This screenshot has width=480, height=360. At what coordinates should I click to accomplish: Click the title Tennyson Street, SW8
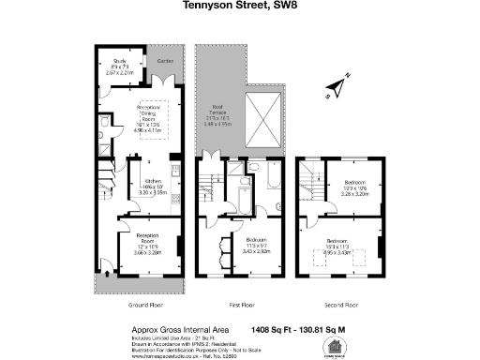[239, 7]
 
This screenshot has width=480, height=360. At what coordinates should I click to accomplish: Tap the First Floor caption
[242, 305]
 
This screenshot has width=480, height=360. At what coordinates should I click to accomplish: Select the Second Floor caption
[341, 305]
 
